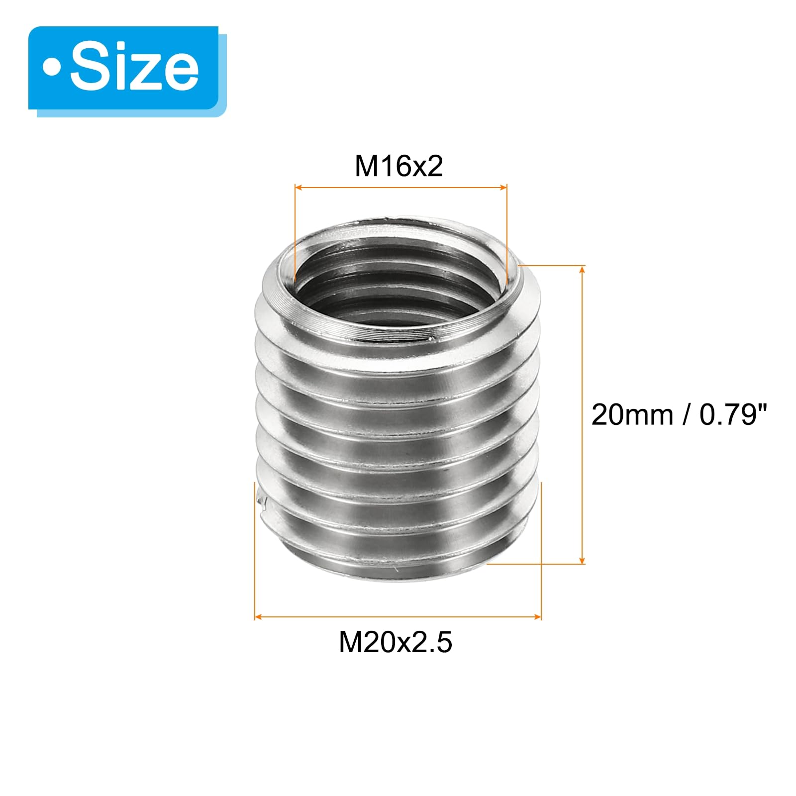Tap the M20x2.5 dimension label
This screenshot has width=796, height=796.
pos(396,642)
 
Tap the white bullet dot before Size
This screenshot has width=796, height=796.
pos(51,68)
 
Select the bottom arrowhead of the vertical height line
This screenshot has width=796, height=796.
pos(583,560)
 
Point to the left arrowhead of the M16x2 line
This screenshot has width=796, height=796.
pos(298,188)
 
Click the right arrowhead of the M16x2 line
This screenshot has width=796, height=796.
pos(503,188)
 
